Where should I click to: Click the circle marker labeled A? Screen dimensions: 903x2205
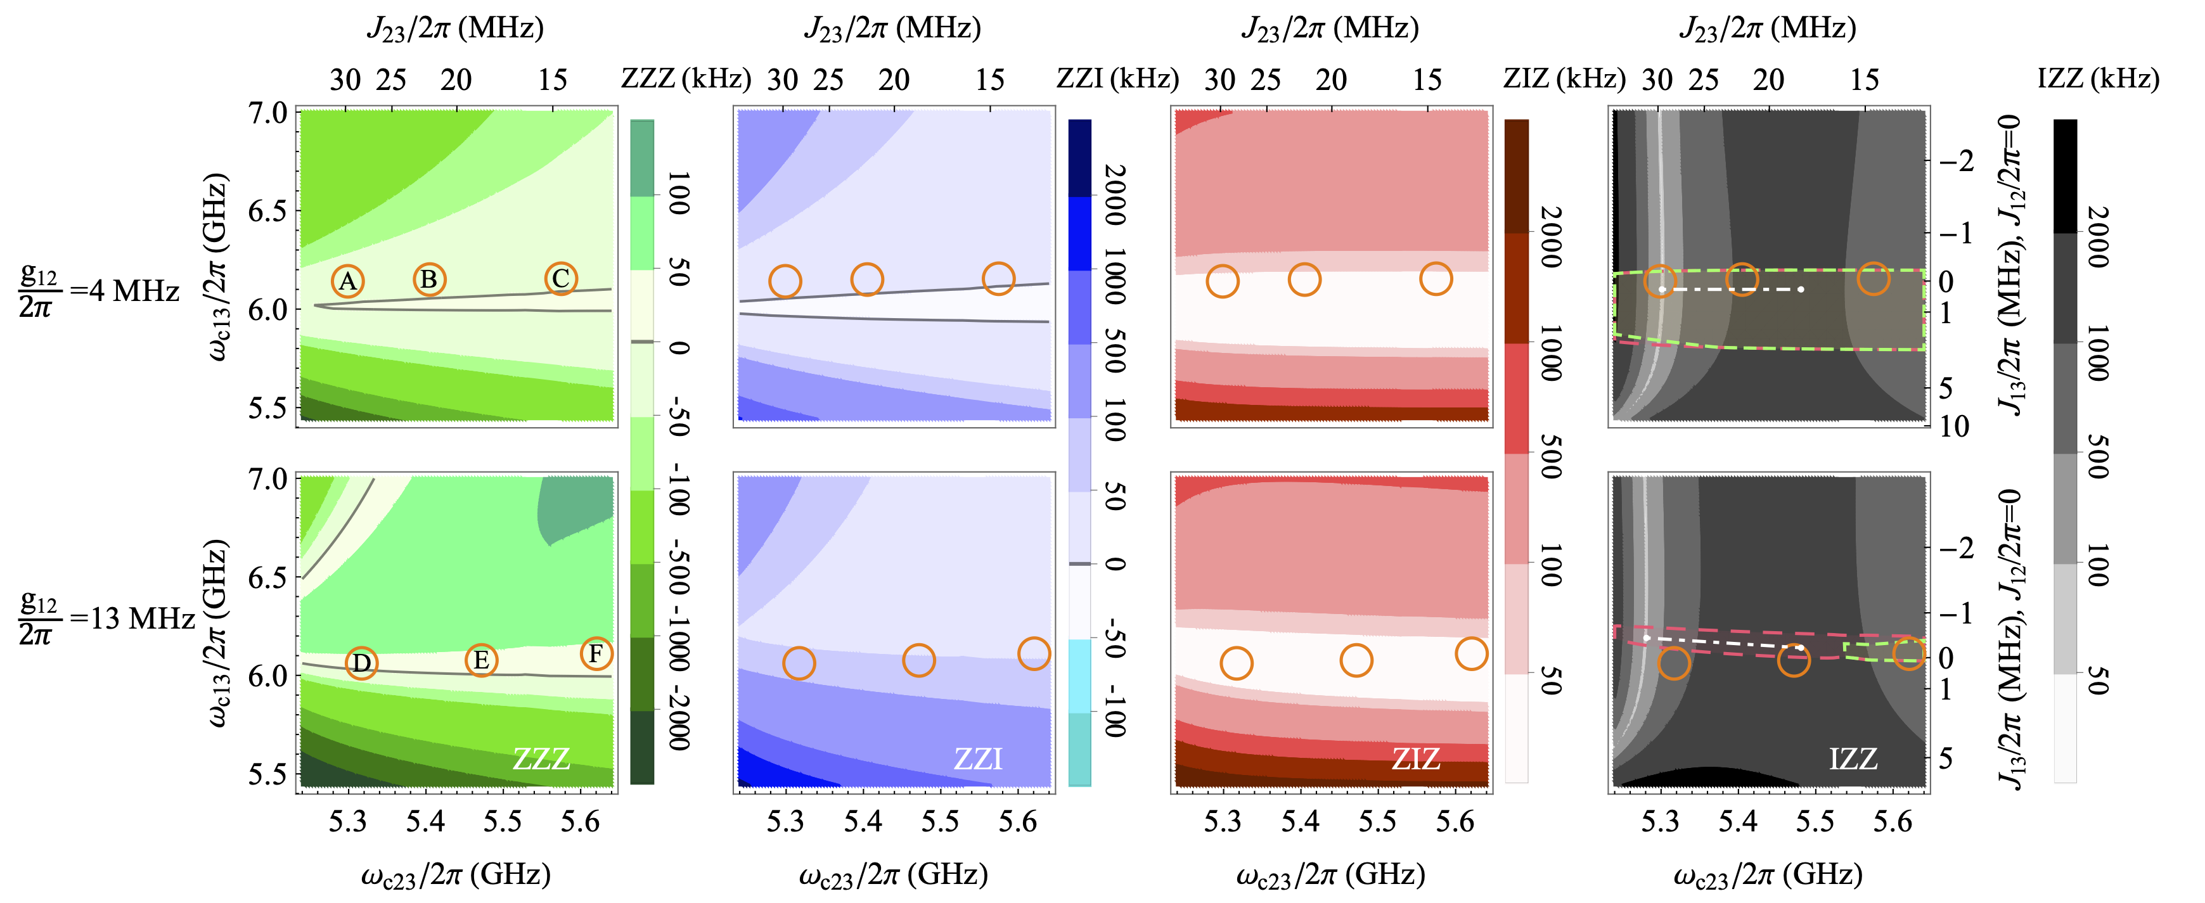(347, 281)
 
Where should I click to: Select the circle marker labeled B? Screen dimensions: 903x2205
(429, 279)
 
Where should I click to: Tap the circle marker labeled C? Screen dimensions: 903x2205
(561, 278)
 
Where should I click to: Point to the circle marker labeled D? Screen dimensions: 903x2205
(361, 662)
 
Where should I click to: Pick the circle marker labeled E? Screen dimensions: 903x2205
(481, 660)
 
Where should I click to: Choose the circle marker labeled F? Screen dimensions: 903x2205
(596, 654)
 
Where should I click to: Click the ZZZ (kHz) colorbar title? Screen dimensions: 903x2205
(686, 79)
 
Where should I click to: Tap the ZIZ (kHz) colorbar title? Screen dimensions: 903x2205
(1564, 79)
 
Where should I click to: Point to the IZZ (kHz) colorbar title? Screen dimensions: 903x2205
(2097, 79)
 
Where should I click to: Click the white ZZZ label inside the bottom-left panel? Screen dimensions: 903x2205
(541, 759)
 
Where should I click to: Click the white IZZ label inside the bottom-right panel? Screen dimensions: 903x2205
(1853, 759)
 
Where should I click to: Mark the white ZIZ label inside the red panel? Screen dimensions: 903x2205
(1416, 759)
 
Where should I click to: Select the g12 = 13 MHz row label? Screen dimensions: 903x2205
(103, 618)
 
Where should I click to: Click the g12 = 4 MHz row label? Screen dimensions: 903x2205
(98, 291)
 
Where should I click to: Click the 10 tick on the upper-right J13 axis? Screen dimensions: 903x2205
(1954, 425)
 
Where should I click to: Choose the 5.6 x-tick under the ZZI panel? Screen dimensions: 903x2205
(1018, 822)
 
